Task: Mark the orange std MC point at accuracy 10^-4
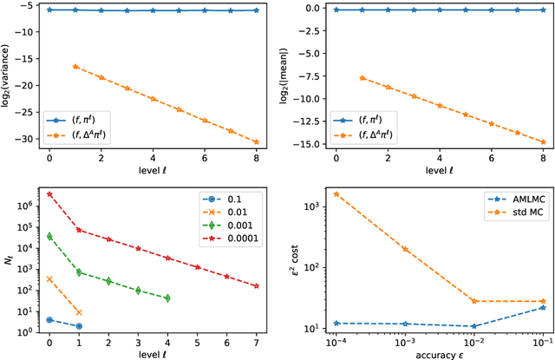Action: (x=336, y=194)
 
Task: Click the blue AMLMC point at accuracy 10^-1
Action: (x=542, y=307)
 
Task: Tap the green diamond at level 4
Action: (x=167, y=298)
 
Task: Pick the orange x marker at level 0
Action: (x=49, y=279)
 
